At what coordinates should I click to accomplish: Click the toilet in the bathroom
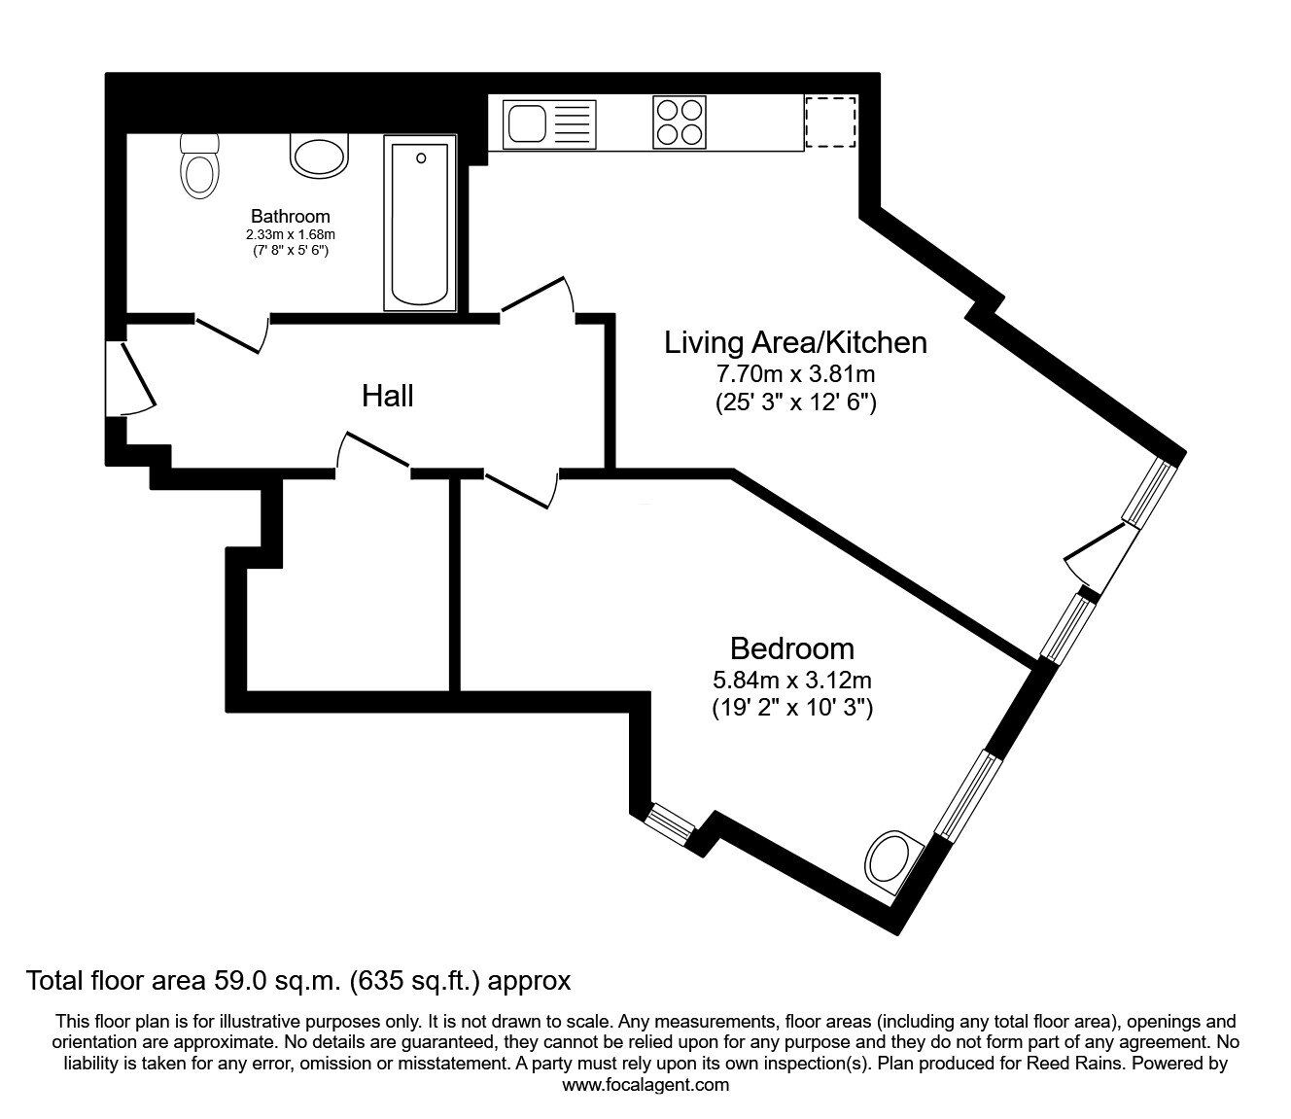tap(200, 166)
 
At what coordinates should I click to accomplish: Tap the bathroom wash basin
tap(319, 157)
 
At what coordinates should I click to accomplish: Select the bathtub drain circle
tap(422, 158)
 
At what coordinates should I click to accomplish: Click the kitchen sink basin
tap(528, 123)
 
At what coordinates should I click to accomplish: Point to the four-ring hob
tap(680, 122)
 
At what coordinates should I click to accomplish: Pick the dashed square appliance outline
tap(830, 122)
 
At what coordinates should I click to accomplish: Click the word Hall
tap(388, 396)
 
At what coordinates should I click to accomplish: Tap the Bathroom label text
tap(291, 216)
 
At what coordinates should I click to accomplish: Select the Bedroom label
tap(792, 649)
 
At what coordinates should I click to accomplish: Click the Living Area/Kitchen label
tap(795, 343)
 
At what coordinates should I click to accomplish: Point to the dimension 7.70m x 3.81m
tap(795, 374)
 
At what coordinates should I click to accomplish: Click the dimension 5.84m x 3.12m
tap(792, 680)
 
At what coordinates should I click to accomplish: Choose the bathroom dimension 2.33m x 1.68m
tap(291, 235)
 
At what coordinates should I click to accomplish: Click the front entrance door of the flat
tap(130, 378)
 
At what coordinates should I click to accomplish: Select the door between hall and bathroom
tap(231, 333)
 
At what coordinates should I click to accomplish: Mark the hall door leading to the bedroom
tap(521, 489)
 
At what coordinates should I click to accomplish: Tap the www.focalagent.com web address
tap(645, 1085)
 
